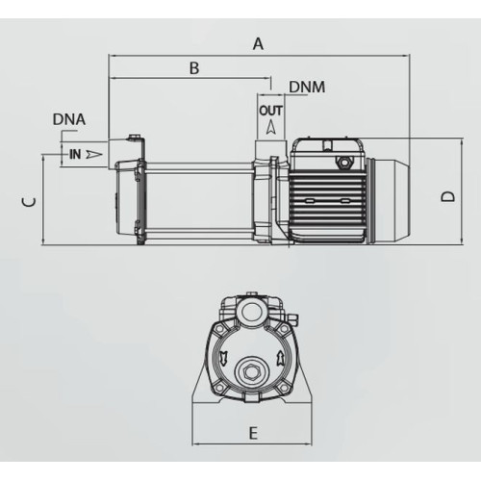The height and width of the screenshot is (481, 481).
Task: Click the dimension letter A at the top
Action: click(258, 43)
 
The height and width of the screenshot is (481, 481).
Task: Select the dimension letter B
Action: click(194, 68)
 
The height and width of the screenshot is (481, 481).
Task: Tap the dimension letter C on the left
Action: click(29, 202)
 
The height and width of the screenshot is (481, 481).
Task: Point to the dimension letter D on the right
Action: click(447, 196)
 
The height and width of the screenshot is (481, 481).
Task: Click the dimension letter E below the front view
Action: click(253, 434)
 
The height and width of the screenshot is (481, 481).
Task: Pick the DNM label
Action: click(307, 87)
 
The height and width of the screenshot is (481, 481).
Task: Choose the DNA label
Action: click(69, 119)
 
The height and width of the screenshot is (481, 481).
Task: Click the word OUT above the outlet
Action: click(271, 111)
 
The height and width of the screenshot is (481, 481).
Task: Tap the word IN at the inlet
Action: click(75, 154)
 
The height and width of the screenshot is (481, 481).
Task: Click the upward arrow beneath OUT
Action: click(271, 127)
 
